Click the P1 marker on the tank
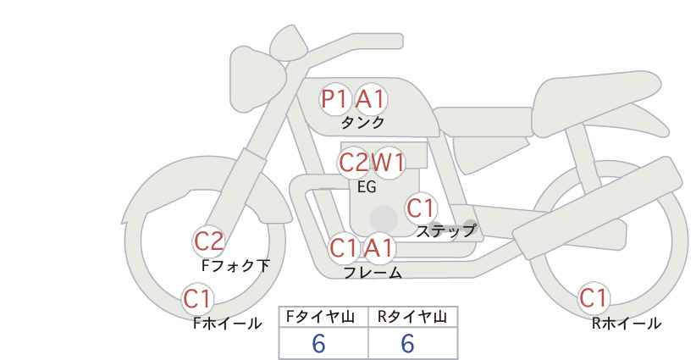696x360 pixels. (334, 99)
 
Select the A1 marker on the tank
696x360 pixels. (371, 99)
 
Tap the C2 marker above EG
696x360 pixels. (353, 163)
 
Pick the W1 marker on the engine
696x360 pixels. (389, 163)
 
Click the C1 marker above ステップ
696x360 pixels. (421, 208)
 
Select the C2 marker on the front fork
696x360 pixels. (208, 241)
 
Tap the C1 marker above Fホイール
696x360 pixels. (197, 299)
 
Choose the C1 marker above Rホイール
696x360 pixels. (594, 298)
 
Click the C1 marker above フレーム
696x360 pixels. (344, 248)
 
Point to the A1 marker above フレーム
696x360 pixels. (379, 248)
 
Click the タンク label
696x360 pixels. (362, 123)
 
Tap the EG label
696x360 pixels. (367, 187)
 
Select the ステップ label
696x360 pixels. (445, 231)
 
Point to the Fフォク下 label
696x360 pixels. (235, 265)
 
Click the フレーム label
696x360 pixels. (373, 273)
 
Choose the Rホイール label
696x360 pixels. (627, 324)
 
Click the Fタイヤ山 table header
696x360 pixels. (320, 317)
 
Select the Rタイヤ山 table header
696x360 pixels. (412, 317)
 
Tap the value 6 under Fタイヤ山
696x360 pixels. (318, 343)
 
